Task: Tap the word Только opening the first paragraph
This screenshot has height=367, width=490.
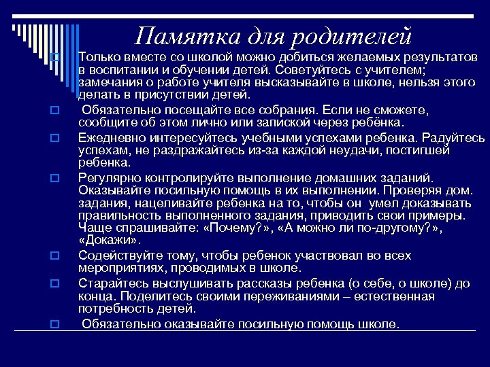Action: pos(99,55)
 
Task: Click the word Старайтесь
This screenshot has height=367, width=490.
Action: pos(110,283)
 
